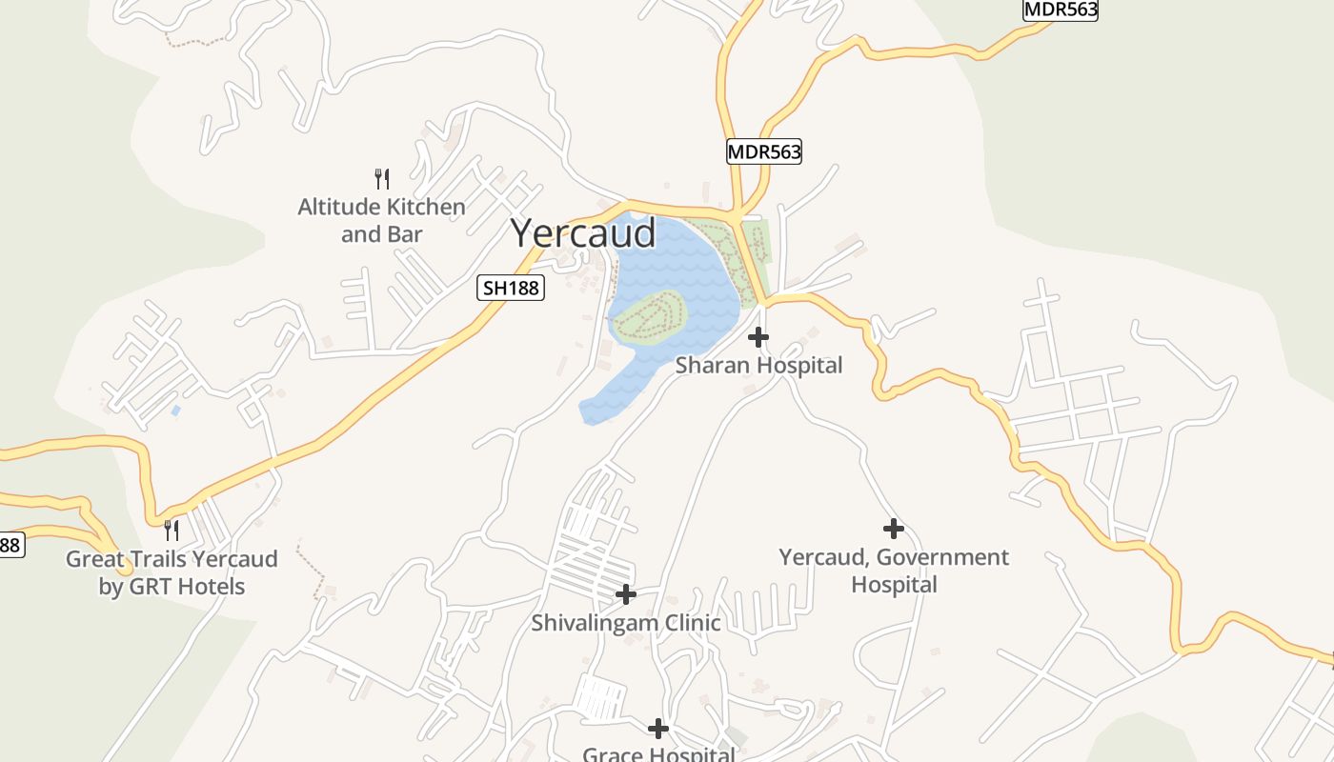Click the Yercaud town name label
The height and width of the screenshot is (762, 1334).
[583, 233]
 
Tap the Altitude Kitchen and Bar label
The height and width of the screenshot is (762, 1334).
[381, 220]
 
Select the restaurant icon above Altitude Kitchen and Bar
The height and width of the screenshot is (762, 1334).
[381, 178]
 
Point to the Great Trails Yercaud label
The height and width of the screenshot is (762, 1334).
[172, 572]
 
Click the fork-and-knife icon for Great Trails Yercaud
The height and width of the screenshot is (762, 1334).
[172, 530]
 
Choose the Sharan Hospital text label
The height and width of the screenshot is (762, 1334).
[758, 365]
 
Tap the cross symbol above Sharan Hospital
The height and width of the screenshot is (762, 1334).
[758, 337]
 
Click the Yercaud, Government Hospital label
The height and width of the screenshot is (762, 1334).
[894, 571]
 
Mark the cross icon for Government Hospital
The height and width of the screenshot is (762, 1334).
[893, 529]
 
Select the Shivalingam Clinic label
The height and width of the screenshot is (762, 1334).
[625, 623]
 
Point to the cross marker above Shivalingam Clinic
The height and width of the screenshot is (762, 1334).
[625, 594]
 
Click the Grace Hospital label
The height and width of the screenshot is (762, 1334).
[657, 754]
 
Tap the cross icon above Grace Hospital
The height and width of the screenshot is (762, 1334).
[657, 729]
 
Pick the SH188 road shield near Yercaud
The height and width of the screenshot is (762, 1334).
[511, 288]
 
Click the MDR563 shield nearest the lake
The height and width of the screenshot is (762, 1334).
[764, 151]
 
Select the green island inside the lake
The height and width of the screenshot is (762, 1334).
[648, 316]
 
